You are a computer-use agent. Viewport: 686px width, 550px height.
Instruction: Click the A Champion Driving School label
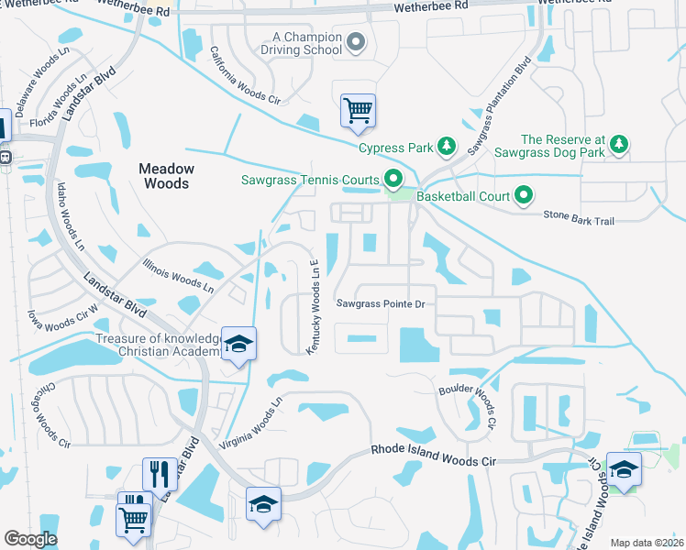tap(306, 43)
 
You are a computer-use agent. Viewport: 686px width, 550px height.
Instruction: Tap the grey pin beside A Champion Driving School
tap(358, 42)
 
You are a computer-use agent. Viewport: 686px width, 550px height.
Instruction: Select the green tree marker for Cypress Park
tap(447, 147)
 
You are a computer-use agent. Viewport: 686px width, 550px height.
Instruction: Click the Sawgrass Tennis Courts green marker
tap(394, 179)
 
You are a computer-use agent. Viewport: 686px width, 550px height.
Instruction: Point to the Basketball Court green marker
tap(524, 195)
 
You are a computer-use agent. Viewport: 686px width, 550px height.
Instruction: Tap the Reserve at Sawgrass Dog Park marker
tap(620, 145)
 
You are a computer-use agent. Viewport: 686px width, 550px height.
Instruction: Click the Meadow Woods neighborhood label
tap(166, 176)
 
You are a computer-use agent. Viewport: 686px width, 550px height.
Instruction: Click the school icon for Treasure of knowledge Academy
tap(239, 344)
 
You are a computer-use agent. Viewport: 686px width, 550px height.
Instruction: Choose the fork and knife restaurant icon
tap(160, 474)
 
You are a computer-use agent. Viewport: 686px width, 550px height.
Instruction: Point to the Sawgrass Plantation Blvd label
tap(499, 105)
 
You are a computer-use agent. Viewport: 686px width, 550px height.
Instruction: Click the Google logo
tap(30, 539)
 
